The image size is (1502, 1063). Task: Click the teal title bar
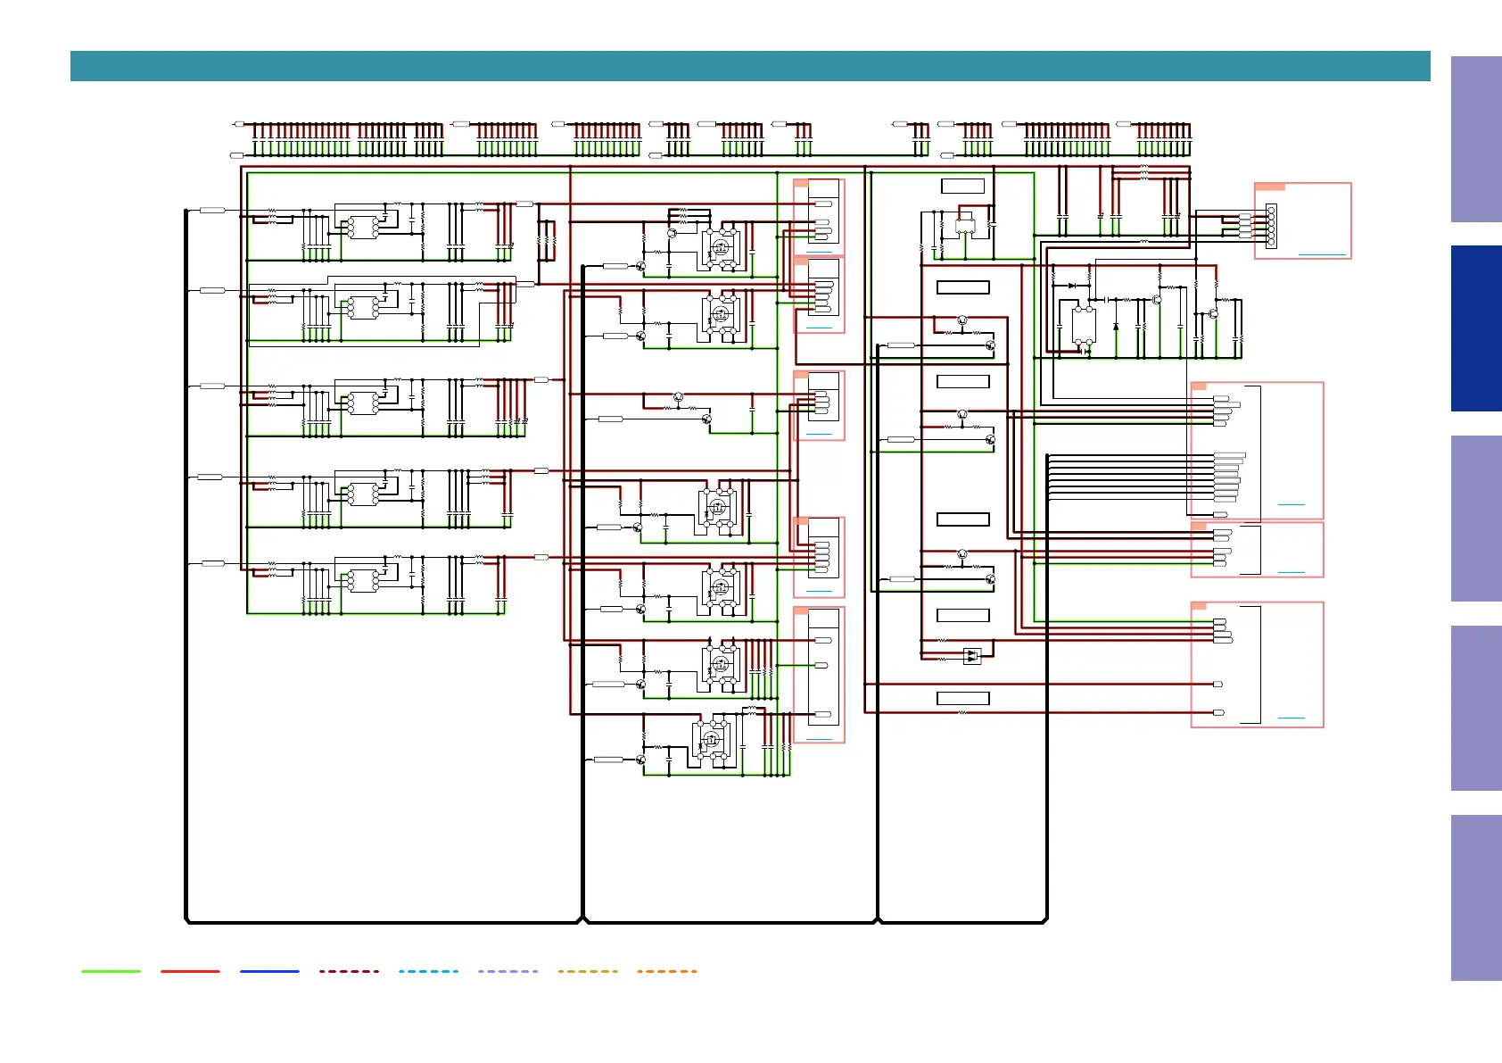point(749,66)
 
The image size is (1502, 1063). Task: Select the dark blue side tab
point(1475,328)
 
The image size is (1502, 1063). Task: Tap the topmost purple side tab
point(1475,139)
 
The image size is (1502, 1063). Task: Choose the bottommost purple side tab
point(1475,897)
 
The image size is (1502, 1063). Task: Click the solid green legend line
point(111,971)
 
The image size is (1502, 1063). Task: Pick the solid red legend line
point(190,971)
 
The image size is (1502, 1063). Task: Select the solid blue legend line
point(269,971)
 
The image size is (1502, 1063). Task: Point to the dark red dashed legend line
point(349,971)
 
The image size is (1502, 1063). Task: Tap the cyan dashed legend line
point(428,971)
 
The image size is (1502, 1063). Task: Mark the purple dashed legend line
point(508,971)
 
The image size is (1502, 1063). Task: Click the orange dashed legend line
point(667,971)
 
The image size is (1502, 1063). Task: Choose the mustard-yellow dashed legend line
point(588,971)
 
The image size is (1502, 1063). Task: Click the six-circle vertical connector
point(1271,226)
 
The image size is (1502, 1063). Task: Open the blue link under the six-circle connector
point(1322,254)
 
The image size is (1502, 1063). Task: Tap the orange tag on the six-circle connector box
point(1269,187)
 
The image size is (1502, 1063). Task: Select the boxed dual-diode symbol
point(972,656)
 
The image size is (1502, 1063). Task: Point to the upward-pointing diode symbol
point(1116,327)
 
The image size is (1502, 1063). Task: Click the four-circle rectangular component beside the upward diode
point(1084,325)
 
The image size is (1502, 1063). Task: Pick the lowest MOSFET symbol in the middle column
point(711,740)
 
